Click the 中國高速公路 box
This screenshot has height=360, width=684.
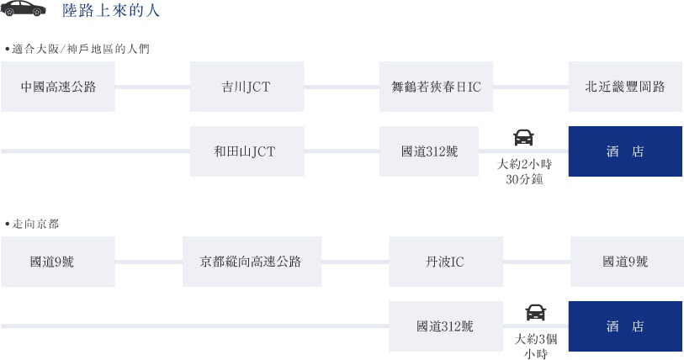pos(58,87)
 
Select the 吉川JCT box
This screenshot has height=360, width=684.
pos(247,87)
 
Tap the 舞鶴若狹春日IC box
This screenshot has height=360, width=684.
pos(436,87)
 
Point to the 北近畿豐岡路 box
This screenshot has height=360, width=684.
pos(625,87)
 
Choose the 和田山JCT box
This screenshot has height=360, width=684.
pos(247,151)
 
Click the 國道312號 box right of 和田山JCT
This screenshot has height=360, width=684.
pos(429,151)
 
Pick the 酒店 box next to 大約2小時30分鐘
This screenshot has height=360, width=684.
pos(625,151)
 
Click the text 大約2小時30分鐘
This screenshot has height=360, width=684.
pos(524,172)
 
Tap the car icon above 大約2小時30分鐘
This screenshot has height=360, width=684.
pos(523,137)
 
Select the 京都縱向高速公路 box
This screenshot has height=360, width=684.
pos(252,262)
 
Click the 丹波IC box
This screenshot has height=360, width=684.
pos(446,262)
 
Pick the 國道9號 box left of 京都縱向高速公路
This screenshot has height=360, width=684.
pos(58,262)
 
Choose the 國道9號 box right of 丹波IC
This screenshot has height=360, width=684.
pos(627,262)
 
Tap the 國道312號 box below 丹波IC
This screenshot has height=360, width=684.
pos(446,326)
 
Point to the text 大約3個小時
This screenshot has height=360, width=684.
pos(536,346)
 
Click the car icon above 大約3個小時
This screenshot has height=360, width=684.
pos(536,312)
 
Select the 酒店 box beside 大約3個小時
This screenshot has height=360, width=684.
pos(625,326)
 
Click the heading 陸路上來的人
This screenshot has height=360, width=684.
pos(111,10)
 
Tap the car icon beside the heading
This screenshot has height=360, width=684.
pos(23,8)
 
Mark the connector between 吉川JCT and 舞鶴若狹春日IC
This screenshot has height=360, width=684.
pos(342,87)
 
